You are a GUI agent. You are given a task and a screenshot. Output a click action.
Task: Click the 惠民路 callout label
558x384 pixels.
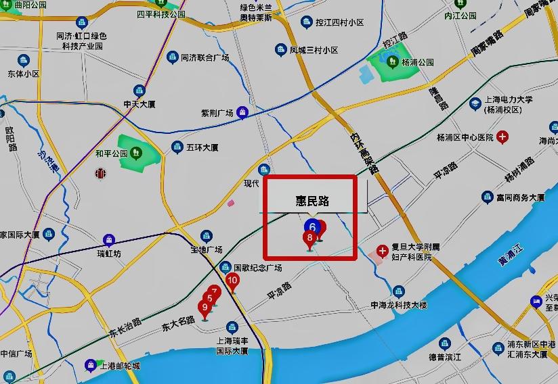pyautogui.click(x=312, y=201)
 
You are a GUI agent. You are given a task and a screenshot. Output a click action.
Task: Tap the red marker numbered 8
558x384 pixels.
pyautogui.click(x=310, y=238)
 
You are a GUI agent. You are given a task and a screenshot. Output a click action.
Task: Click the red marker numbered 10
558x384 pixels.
pyautogui.click(x=232, y=281)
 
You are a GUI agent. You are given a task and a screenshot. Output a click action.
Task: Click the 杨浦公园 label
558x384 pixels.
pyautogui.click(x=418, y=62)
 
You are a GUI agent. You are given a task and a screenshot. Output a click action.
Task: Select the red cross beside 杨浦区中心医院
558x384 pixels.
pyautogui.click(x=502, y=138)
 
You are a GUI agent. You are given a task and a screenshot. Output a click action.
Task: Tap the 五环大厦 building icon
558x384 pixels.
pyautogui.click(x=177, y=147)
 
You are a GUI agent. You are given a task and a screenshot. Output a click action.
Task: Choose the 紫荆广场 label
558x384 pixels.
pyautogui.click(x=217, y=113)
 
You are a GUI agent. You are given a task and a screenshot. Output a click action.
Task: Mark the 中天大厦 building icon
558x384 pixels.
pyautogui.click(x=139, y=91)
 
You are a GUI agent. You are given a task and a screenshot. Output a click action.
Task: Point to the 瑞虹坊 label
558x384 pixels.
pyautogui.click(x=108, y=254)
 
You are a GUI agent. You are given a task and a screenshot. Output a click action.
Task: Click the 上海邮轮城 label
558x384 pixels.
pyautogui.click(x=120, y=366)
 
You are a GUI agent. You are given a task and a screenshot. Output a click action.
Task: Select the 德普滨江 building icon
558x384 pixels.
pyautogui.click(x=445, y=344)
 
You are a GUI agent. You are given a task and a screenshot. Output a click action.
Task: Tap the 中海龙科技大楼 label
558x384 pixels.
pyautogui.click(x=399, y=306)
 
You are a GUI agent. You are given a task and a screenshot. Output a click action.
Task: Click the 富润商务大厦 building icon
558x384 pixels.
pyautogui.click(x=487, y=197)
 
